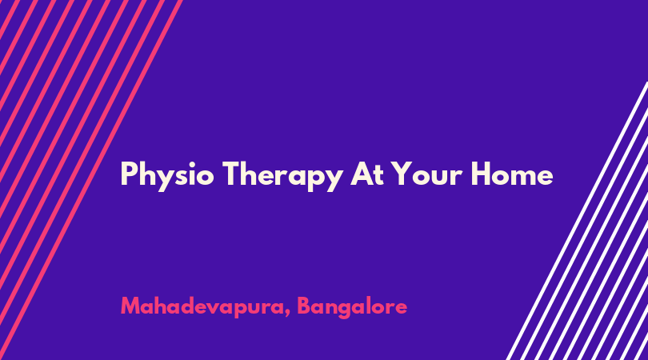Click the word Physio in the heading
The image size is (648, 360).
point(167,176)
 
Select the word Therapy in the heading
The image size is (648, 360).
point(282,176)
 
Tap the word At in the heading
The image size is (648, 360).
point(367,174)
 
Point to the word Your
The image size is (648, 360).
point(427,174)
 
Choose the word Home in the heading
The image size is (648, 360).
point(512,173)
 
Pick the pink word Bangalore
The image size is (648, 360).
point(352,307)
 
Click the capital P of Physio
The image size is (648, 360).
point(129,174)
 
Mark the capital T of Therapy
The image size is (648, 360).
point(231,174)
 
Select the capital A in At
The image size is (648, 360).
point(360,174)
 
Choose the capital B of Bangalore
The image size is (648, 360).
point(304,306)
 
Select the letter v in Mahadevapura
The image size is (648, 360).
point(222,309)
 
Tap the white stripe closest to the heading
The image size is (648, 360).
point(577,221)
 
